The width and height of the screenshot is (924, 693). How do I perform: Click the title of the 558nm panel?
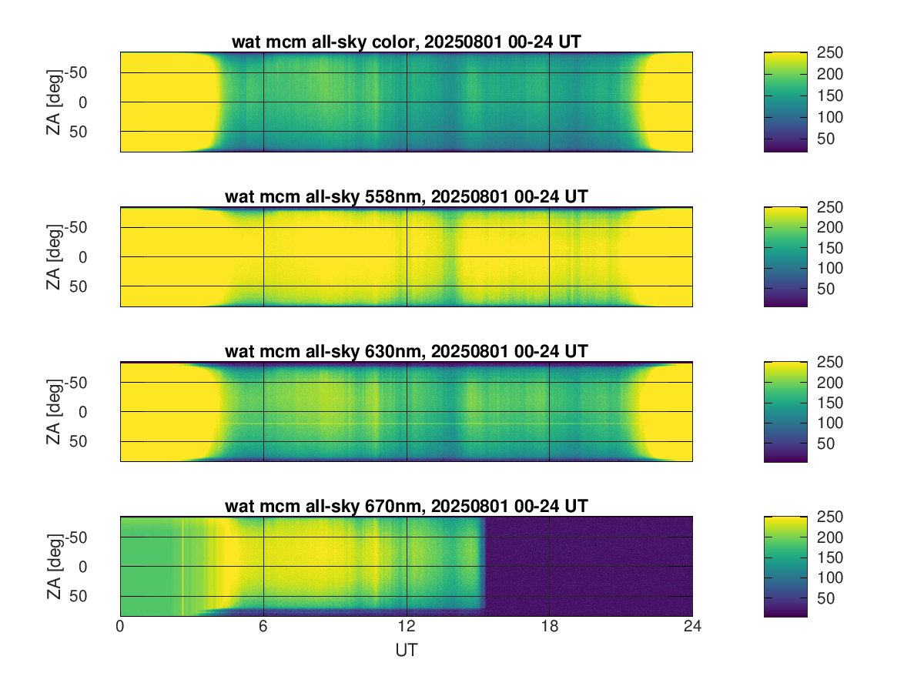406,196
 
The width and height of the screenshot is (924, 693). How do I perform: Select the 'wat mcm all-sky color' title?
406,42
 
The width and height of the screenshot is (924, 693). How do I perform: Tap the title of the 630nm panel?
406,352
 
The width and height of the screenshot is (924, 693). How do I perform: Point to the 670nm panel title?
406,506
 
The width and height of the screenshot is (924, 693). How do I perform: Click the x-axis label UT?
406,651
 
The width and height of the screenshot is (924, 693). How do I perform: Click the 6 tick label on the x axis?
263,628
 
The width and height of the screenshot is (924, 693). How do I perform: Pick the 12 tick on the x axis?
406,628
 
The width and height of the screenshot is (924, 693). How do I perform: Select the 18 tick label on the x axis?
549,628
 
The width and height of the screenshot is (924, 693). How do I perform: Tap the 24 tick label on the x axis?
692,628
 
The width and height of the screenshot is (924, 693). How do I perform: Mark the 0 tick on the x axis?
120,628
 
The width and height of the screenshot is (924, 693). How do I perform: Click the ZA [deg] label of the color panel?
53,102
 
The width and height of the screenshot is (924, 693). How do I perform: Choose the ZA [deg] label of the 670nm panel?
53,567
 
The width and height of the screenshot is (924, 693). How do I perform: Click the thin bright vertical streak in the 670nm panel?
183,566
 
